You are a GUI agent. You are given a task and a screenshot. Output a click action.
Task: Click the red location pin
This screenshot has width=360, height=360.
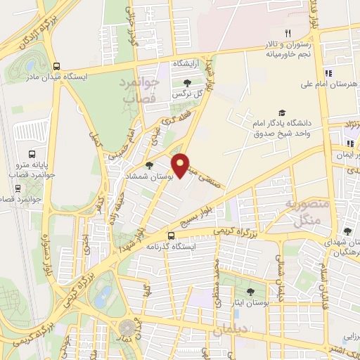183,165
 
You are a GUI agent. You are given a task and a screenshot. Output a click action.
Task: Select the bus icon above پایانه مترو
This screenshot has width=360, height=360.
31,154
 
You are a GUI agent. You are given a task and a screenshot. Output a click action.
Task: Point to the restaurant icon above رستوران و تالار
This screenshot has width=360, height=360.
287,32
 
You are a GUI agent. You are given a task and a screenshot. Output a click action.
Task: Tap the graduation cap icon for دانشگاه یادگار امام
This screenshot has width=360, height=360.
282,113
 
